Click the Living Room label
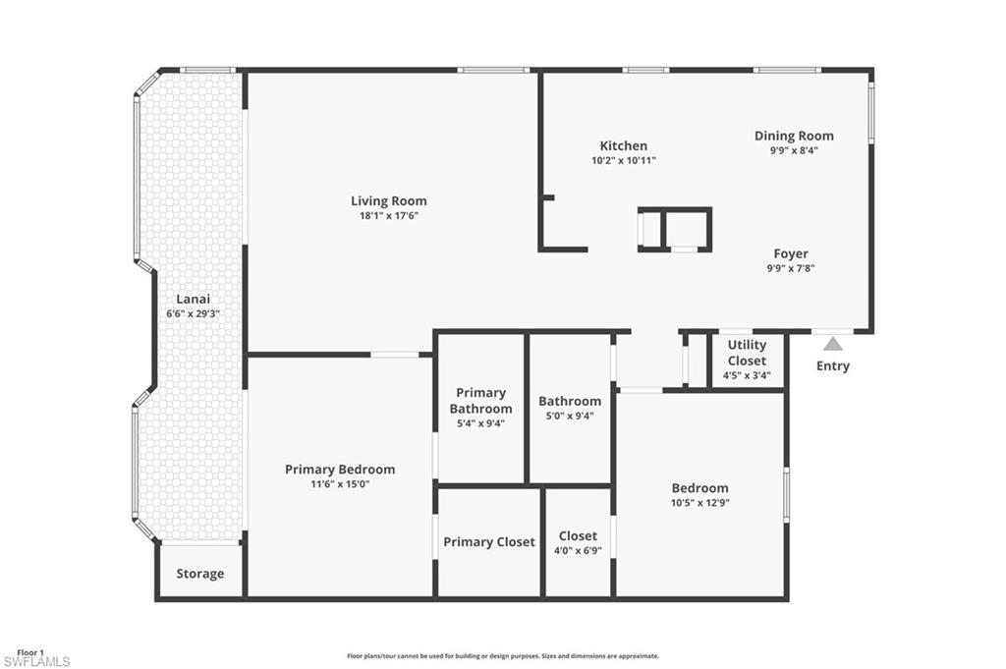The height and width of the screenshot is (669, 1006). point(389,201)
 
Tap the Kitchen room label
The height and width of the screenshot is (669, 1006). point(624,145)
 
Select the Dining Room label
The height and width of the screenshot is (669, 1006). point(794,136)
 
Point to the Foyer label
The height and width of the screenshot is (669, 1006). point(791,253)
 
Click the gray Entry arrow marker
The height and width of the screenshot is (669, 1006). point(833,344)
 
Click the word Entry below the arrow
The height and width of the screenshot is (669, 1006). point(833,366)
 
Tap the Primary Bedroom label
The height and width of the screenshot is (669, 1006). point(340,470)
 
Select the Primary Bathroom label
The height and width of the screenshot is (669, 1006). point(480,400)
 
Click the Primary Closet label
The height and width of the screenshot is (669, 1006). point(489,541)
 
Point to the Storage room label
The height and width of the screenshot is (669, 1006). point(200,574)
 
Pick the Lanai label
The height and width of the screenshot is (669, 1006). point(193,300)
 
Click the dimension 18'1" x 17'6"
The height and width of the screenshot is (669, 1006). point(389,216)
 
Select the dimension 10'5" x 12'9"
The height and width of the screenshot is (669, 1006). point(700,503)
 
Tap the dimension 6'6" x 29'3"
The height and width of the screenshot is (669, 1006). point(193,314)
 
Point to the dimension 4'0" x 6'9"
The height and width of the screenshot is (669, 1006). point(578,550)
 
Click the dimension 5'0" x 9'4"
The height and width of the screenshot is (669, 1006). point(570,416)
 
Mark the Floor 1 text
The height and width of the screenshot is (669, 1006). point(30,652)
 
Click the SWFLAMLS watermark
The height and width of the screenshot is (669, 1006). point(36,662)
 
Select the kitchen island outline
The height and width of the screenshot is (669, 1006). point(675,230)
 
